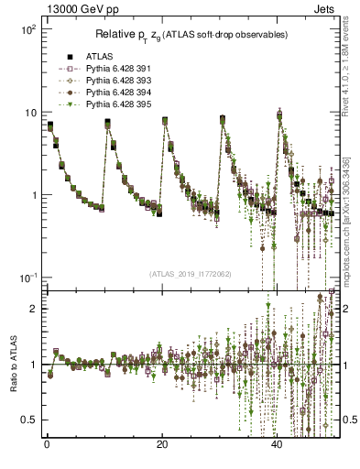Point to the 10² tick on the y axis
(x=27, y=29)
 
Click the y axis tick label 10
(x=29, y=113)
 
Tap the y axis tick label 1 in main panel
(x=33, y=195)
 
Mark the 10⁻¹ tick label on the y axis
(x=27, y=278)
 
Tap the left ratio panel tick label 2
(x=33, y=309)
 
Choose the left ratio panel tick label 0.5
(x=29, y=420)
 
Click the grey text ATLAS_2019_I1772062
(x=190, y=274)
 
